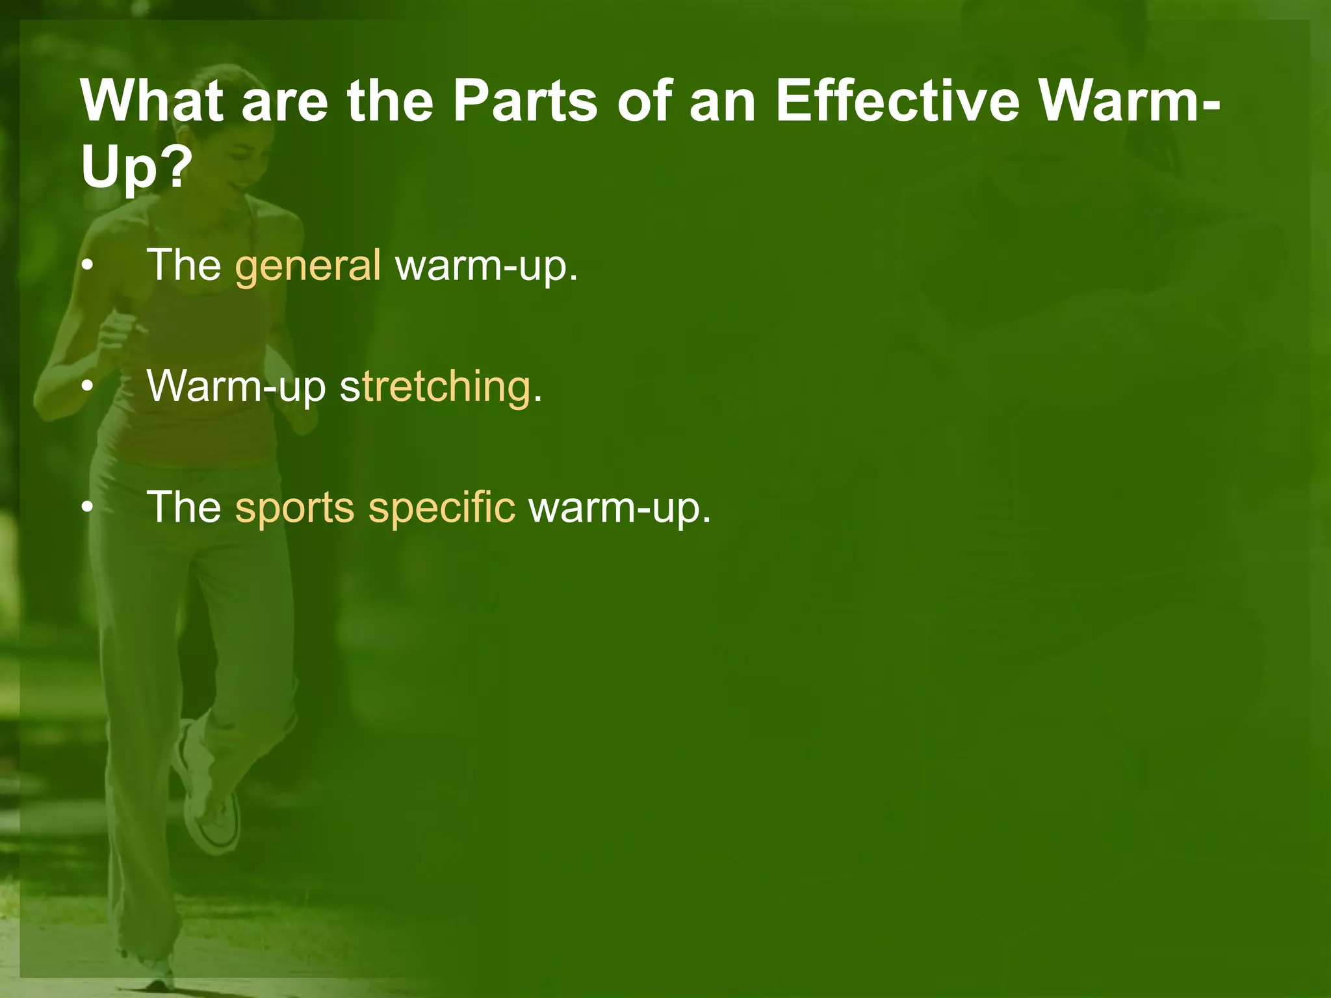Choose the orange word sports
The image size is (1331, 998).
pos(294,507)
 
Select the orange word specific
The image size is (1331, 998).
pos(442,507)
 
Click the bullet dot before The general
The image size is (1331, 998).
pos(88,266)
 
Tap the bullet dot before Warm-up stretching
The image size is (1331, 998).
pos(88,387)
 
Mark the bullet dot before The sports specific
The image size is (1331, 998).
pos(88,508)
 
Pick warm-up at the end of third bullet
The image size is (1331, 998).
pos(619,507)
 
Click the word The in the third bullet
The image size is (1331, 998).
pos(185,507)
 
